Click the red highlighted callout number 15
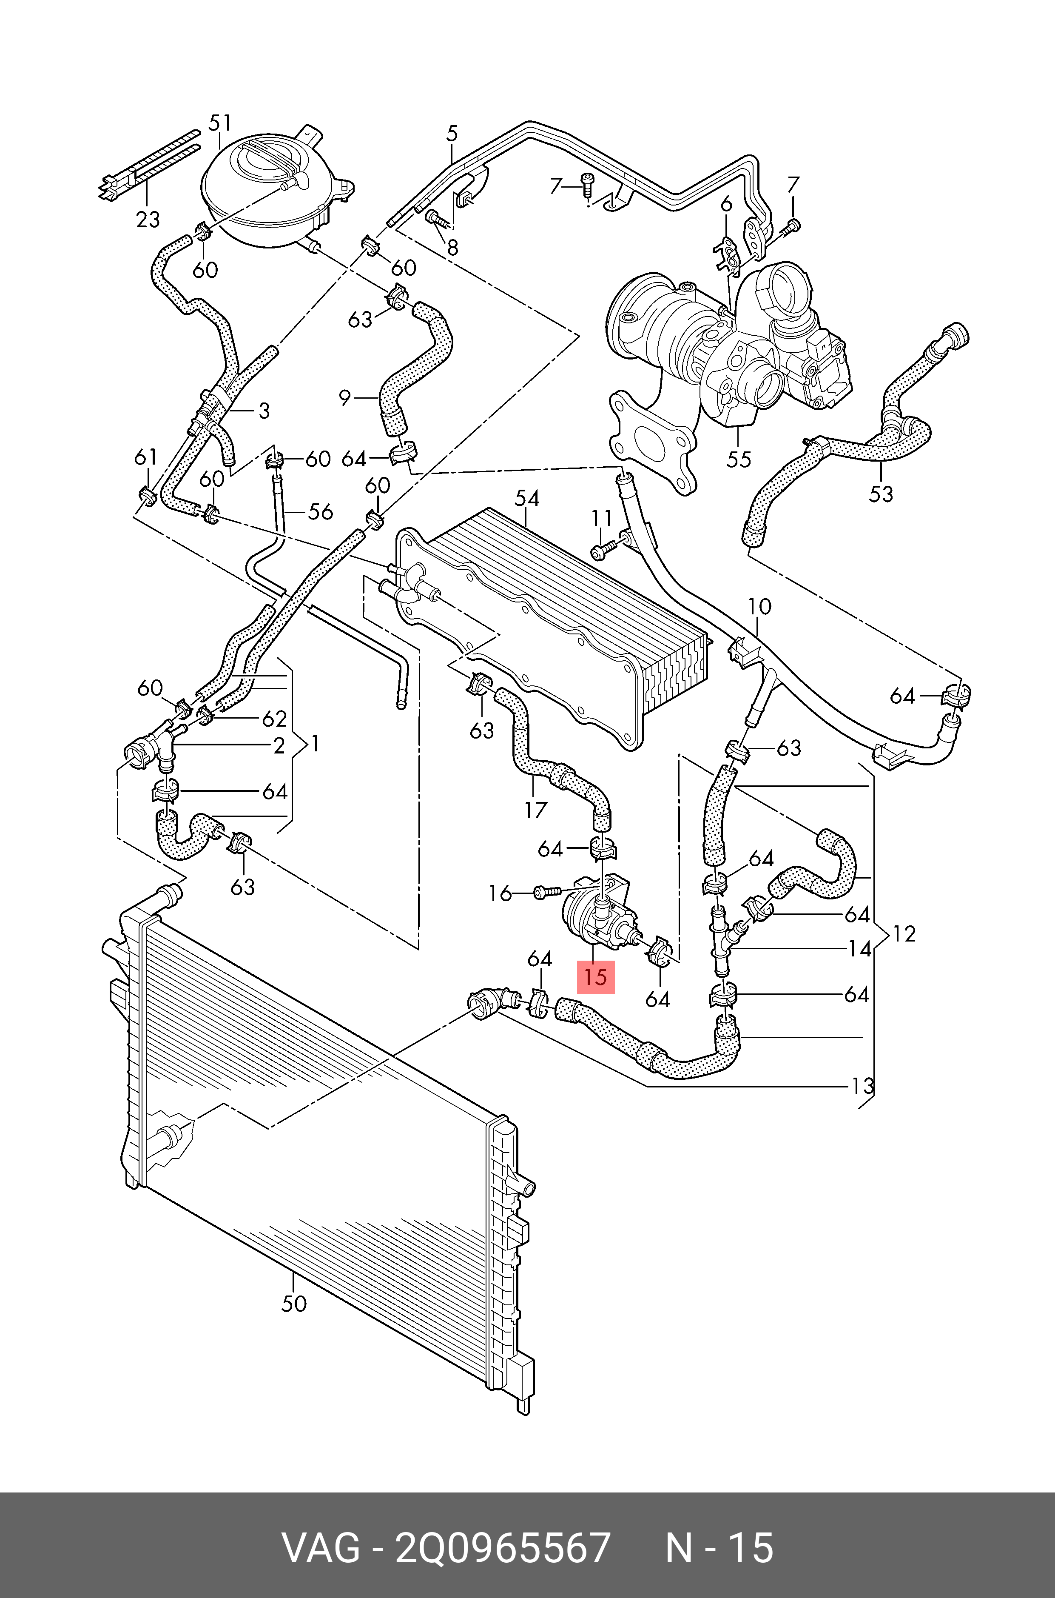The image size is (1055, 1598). point(595,977)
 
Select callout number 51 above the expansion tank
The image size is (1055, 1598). point(220,123)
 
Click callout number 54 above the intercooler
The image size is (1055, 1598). point(527,498)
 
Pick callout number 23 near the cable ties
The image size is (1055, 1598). point(148,220)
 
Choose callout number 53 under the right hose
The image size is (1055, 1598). point(881,494)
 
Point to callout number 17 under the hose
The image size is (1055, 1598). point(535,809)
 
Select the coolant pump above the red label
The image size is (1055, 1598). point(599,913)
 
